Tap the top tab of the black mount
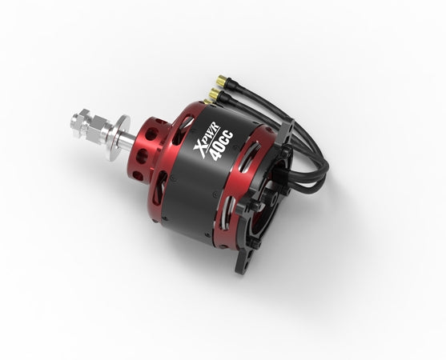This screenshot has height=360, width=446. pyautogui.click(x=285, y=128)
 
